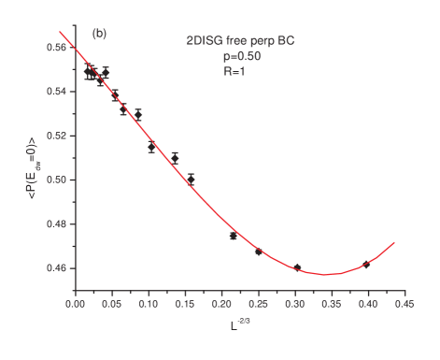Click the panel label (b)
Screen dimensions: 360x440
click(99, 34)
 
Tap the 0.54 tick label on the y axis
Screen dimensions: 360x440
click(57, 92)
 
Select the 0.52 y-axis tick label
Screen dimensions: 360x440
click(57, 136)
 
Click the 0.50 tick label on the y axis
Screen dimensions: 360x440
click(57, 180)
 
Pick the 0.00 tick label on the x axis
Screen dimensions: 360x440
click(76, 304)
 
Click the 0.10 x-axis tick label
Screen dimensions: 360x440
click(149, 304)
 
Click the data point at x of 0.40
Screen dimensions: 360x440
click(367, 265)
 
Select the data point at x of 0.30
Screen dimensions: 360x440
click(298, 267)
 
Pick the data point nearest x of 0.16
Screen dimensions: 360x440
click(192, 177)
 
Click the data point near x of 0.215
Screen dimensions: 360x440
click(233, 236)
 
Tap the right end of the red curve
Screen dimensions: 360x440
click(395, 242)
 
